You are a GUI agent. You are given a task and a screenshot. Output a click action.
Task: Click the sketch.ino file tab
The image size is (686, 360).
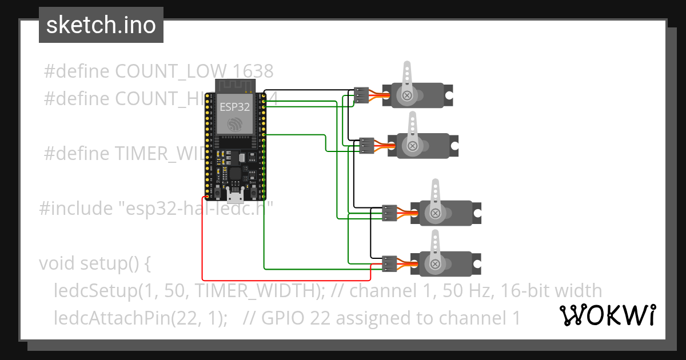coord(101,25)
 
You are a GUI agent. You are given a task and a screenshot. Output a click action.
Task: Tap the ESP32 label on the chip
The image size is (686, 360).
coord(233,107)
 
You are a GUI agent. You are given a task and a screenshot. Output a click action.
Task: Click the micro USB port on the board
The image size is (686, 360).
coord(234,197)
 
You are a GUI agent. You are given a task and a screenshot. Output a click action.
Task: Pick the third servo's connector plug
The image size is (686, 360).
coord(389,213)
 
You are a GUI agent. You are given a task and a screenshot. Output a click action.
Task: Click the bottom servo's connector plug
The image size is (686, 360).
coord(389,263)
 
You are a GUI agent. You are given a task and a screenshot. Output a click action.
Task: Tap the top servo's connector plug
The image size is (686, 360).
coord(361,95)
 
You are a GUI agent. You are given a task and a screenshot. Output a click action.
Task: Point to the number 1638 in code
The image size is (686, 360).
coord(253,71)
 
